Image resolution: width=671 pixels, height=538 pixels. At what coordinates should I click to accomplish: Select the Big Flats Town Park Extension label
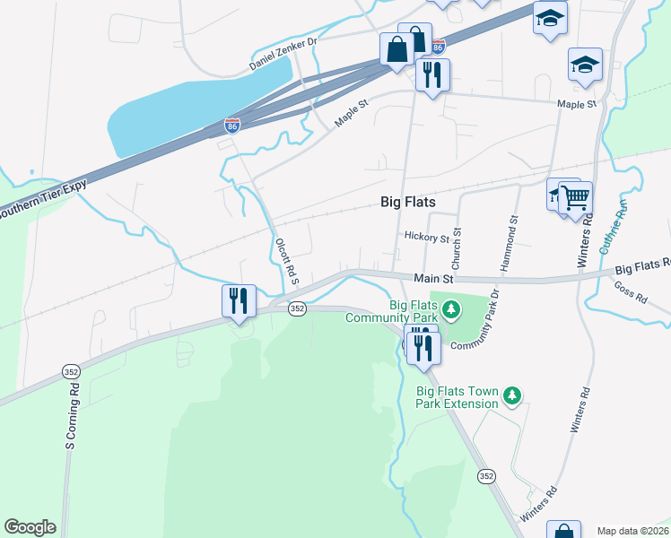coord(457,397)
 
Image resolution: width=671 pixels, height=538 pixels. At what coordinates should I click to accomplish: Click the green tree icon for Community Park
coord(452,310)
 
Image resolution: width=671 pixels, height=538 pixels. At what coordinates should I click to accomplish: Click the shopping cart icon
coord(575,196)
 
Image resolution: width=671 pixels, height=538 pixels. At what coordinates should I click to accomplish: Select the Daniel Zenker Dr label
coord(283,56)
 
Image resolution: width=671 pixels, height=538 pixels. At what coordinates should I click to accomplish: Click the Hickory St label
coord(426,239)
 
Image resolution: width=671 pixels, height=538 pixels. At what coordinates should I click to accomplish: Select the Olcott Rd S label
coord(286,259)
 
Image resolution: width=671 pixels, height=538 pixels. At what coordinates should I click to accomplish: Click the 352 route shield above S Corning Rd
coord(71,370)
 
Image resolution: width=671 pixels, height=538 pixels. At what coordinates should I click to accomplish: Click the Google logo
coord(30,526)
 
